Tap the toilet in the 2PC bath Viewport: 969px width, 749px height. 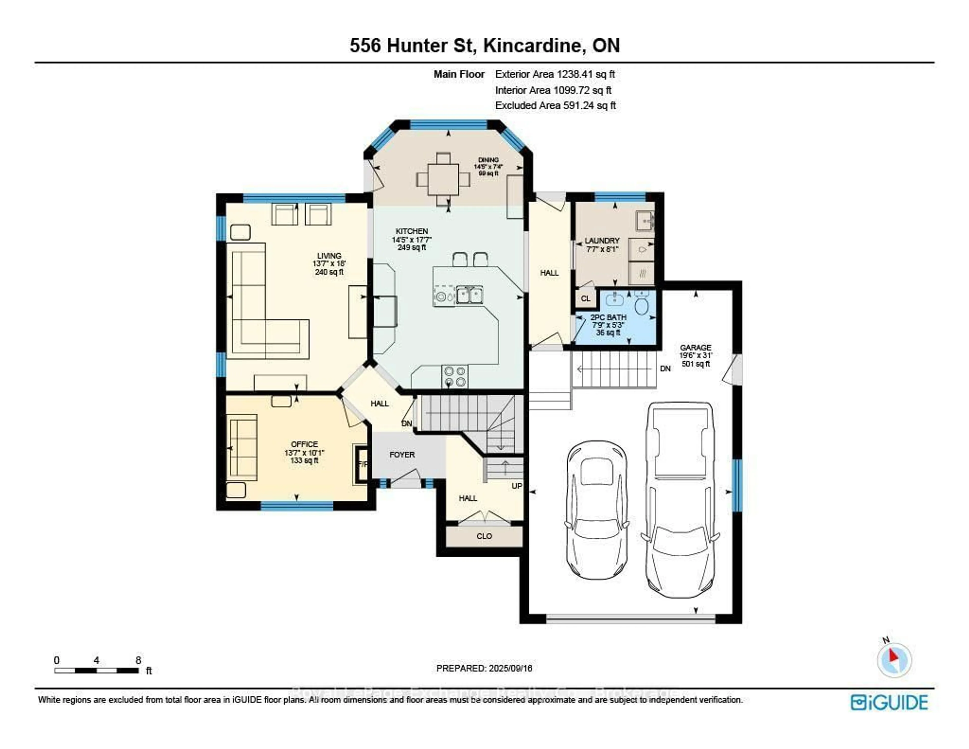coord(641,304)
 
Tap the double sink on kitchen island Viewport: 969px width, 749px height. coord(469,295)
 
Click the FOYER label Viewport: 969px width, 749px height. coord(402,455)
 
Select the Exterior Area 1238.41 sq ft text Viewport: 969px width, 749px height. coord(555,74)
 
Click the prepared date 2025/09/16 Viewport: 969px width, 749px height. coord(484,668)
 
